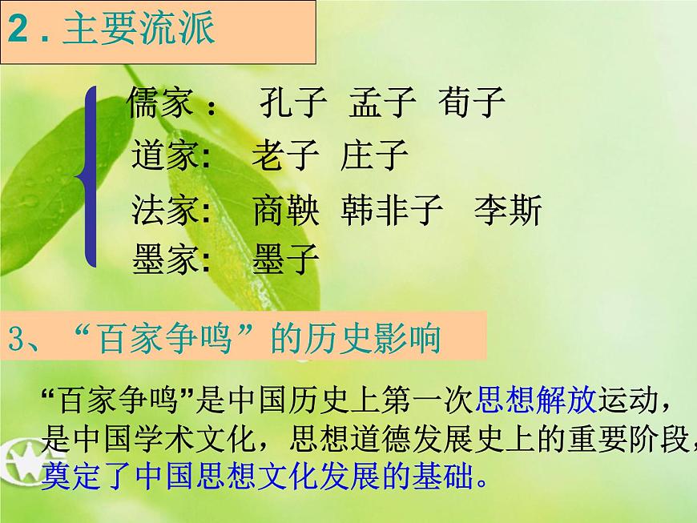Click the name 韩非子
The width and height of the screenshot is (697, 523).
click(392, 211)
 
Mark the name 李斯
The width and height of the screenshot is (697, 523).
click(508, 211)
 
